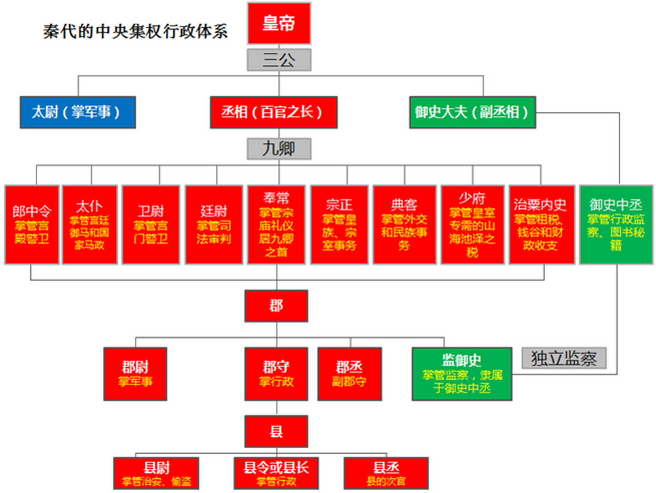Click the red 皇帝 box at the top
pos(279,23)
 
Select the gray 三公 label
pos(279,60)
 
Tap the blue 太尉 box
pos(78,112)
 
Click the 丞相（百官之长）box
pos(273,112)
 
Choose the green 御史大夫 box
pos(472,112)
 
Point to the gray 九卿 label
pos(279,149)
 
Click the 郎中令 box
pos(32,225)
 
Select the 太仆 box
pos(90,225)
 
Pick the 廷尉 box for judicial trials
pos(214,225)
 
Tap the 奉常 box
pos(276,225)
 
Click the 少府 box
pos(472,225)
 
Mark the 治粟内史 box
pos(542,225)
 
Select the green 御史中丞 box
pos(616,225)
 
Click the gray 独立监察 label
pos(564,358)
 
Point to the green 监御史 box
pos(462,374)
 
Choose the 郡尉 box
pos(135,374)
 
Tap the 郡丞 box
pos(350,374)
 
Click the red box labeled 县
pos(276,431)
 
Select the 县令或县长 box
pos(276,473)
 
